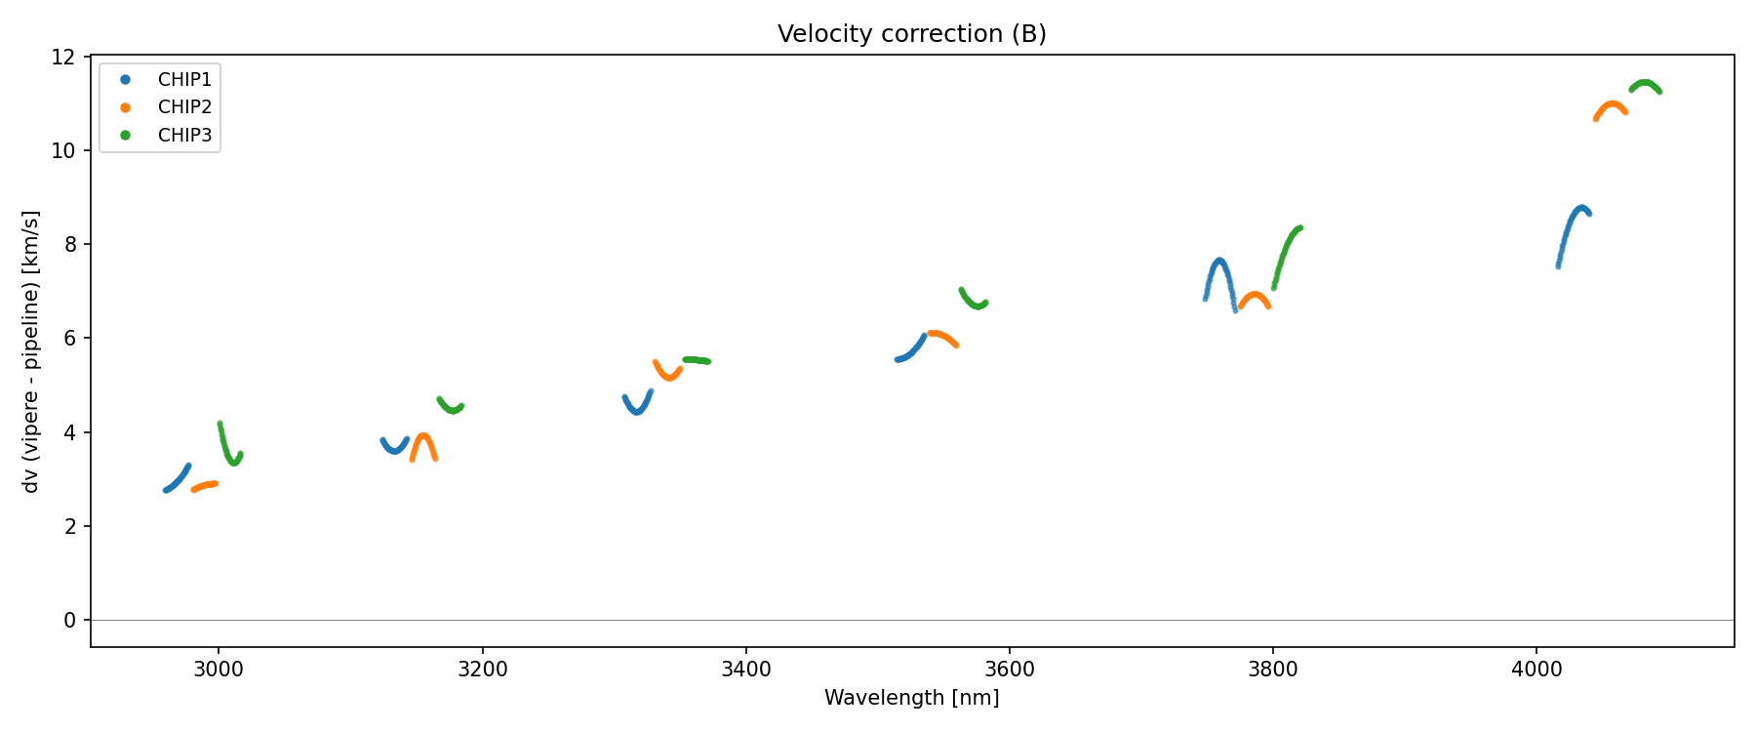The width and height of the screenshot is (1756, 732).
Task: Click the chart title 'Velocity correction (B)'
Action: pos(911,34)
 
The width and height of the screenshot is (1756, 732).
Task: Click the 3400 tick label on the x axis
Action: pos(745,669)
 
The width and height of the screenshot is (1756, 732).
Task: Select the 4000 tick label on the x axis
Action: pos(1536,669)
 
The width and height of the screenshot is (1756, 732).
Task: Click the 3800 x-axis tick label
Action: pos(1273,669)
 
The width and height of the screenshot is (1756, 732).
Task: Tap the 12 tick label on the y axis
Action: pos(63,57)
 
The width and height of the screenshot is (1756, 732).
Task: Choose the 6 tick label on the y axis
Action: pos(70,339)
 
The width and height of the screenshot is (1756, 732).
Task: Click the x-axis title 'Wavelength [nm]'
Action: pos(911,698)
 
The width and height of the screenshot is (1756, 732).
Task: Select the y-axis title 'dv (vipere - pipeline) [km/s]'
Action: pos(31,351)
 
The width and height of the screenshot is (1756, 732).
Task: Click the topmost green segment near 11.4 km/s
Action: pos(1645,83)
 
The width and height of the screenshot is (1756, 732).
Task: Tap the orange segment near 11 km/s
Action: pos(1612,104)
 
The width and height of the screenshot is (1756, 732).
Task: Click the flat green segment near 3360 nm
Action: pos(697,360)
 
